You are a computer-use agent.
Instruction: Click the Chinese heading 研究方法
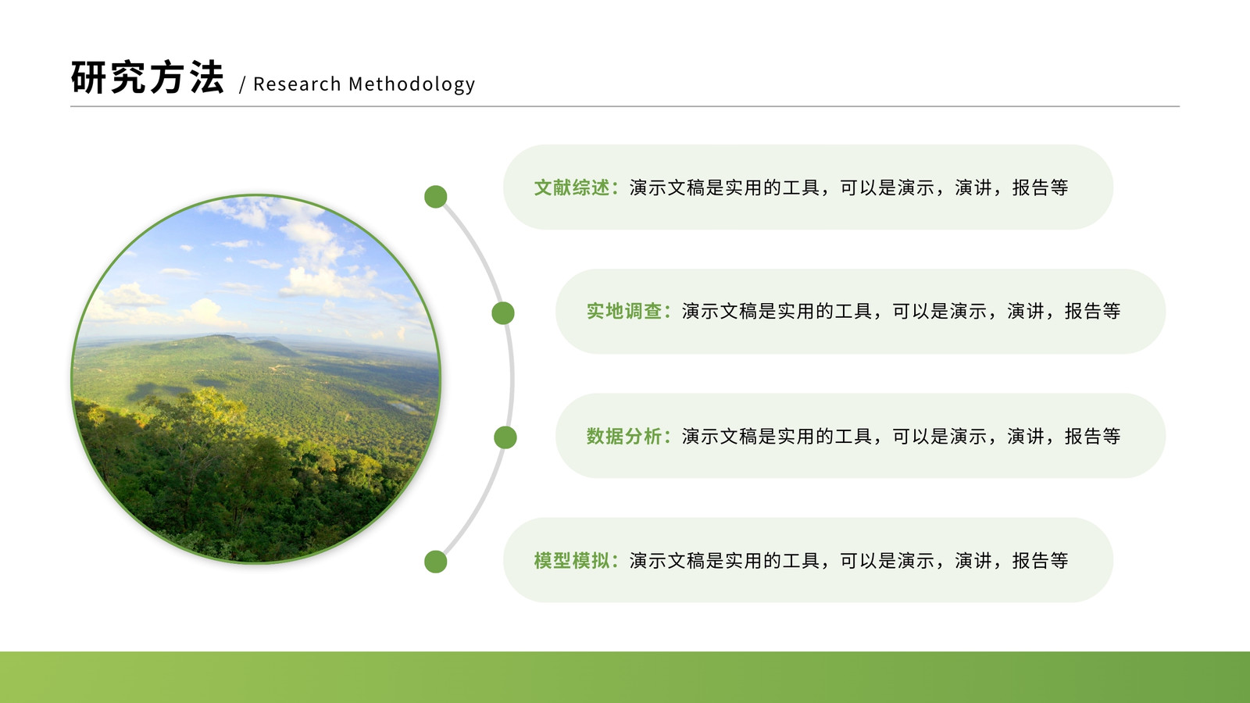click(x=148, y=77)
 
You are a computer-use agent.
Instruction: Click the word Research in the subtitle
click(x=297, y=84)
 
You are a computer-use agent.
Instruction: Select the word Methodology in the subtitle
click(x=412, y=84)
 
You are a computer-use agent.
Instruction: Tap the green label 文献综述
click(x=571, y=187)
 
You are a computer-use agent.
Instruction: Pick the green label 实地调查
click(x=624, y=312)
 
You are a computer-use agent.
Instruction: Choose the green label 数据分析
click(x=624, y=436)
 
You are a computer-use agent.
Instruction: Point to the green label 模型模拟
click(x=571, y=560)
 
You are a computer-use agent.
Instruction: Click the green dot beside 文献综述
click(x=436, y=196)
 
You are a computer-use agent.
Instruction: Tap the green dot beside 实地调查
click(x=503, y=313)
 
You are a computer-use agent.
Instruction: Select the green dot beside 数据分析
click(x=505, y=437)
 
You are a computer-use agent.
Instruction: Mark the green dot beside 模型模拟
click(x=436, y=562)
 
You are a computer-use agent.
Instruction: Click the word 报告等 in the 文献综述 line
click(x=1040, y=187)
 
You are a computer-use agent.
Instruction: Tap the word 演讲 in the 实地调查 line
click(x=1026, y=312)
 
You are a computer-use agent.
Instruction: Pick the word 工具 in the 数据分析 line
click(x=853, y=436)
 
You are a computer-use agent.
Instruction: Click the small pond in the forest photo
click(x=405, y=407)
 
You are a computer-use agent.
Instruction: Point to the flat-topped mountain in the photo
click(x=223, y=341)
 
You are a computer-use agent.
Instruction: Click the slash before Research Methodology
click(x=242, y=84)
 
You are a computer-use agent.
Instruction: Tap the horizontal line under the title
click(x=625, y=106)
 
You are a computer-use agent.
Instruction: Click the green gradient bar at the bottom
click(x=625, y=677)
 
